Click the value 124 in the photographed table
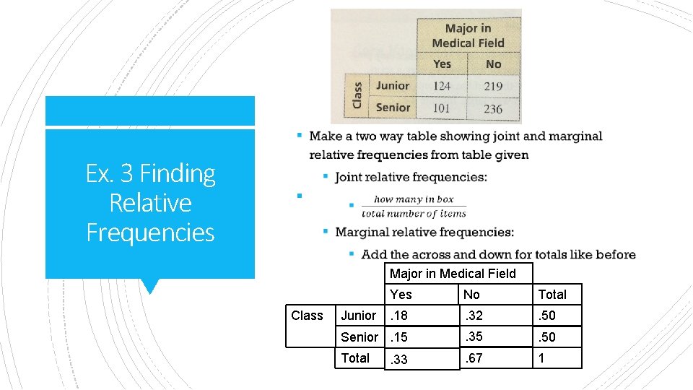click(x=442, y=86)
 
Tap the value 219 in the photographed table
click(x=493, y=86)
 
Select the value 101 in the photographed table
click(x=442, y=108)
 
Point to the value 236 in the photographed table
click(x=493, y=109)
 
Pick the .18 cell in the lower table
click(x=400, y=316)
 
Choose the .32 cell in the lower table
click(x=474, y=316)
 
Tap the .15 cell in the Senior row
click(x=400, y=337)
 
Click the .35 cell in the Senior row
click(x=474, y=336)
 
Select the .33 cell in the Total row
click(x=400, y=359)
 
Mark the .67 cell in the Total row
click(x=474, y=357)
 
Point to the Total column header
click(x=552, y=294)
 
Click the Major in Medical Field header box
click(x=453, y=273)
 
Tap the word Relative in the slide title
click(x=150, y=203)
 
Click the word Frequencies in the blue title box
click(x=150, y=233)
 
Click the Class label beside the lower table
click(x=307, y=316)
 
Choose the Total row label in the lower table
click(x=355, y=358)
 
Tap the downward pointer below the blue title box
click(x=150, y=286)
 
